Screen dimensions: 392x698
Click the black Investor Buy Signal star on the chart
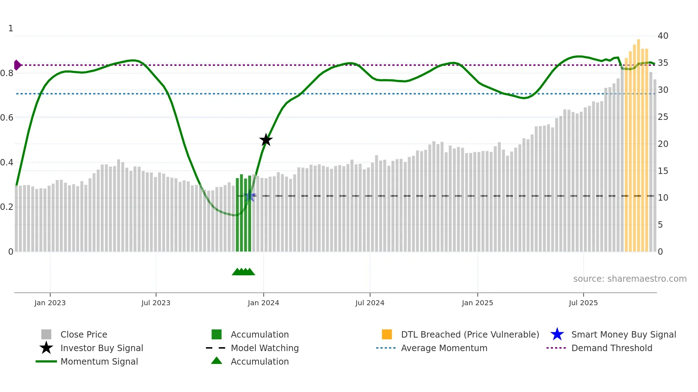pyautogui.click(x=266, y=140)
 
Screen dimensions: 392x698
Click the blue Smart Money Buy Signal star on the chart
pyautogui.click(x=250, y=196)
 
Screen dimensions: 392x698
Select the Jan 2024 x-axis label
pyautogui.click(x=263, y=303)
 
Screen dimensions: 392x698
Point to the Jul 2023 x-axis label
pyautogui.click(x=156, y=303)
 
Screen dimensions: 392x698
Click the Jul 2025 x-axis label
pyautogui.click(x=583, y=303)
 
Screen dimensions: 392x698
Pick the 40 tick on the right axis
pyautogui.click(x=663, y=36)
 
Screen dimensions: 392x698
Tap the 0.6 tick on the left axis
pyautogui.click(x=7, y=118)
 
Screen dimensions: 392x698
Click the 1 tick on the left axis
pyautogui.click(x=11, y=28)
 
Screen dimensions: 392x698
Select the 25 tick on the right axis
pyautogui.click(x=663, y=117)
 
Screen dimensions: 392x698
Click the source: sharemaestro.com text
pyautogui.click(x=630, y=279)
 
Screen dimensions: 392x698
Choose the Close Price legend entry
pyautogui.click(x=84, y=335)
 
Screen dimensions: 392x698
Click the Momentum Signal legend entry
pyautogui.click(x=99, y=362)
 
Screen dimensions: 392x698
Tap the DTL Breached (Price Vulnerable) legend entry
pyautogui.click(x=470, y=335)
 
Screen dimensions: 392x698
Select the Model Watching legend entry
pyautogui.click(x=265, y=348)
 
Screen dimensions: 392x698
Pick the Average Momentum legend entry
pyautogui.click(x=444, y=348)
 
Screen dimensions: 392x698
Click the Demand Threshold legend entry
pyautogui.click(x=611, y=348)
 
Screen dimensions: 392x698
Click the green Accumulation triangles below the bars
pyautogui.click(x=244, y=272)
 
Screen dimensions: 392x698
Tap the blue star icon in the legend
pyautogui.click(x=557, y=334)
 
